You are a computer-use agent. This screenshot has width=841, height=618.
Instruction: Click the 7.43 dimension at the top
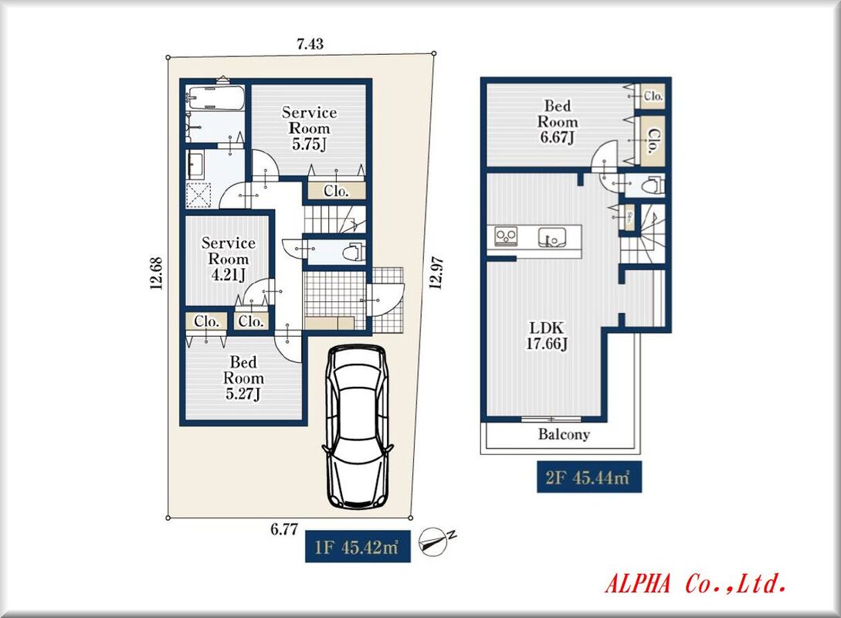tap(310, 44)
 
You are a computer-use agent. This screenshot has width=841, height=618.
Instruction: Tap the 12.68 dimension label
tap(156, 273)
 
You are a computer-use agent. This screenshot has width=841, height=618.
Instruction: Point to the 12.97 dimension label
tap(436, 273)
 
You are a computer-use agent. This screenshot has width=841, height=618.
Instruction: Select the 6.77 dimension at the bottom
tap(283, 529)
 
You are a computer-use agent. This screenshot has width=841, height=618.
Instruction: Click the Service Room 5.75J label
tap(310, 128)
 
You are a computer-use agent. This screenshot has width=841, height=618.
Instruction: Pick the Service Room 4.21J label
tap(229, 259)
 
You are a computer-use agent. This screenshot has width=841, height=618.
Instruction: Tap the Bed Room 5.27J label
tap(243, 379)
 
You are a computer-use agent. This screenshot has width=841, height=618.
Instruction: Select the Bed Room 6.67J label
tap(558, 122)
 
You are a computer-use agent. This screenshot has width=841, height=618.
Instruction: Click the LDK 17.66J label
tap(547, 336)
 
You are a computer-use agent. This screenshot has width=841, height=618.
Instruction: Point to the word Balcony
tap(564, 434)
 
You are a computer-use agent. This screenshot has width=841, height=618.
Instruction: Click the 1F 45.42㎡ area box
tap(358, 547)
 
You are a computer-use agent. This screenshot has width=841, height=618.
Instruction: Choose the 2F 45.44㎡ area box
tap(589, 477)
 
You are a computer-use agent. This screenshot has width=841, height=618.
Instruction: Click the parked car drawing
tap(357, 426)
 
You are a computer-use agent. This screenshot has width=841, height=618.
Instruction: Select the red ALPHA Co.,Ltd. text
tap(696, 583)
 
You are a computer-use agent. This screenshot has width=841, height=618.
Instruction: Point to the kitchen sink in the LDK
tap(552, 236)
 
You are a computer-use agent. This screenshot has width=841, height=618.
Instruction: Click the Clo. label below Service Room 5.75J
tap(336, 191)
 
